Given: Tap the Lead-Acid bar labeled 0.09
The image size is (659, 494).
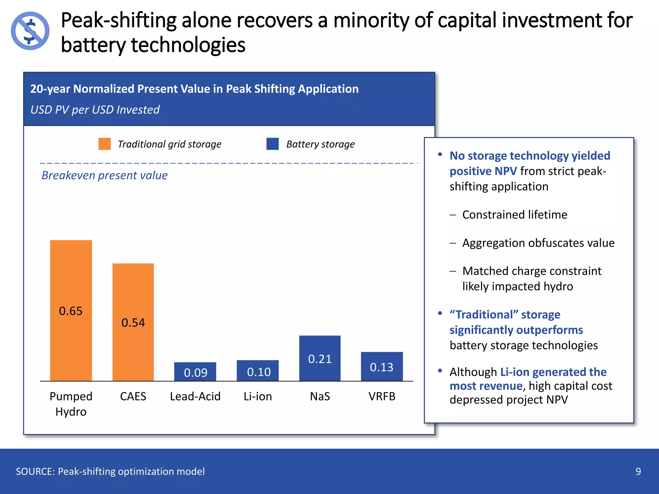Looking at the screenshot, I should pyautogui.click(x=195, y=372).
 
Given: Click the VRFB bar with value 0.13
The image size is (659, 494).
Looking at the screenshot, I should pyautogui.click(x=382, y=367).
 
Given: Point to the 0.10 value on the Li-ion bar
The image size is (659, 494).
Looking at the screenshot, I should pyautogui.click(x=259, y=372).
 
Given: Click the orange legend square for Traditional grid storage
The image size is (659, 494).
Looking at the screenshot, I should pyautogui.click(x=105, y=144).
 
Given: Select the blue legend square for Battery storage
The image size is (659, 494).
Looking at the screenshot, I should pyautogui.click(x=272, y=144).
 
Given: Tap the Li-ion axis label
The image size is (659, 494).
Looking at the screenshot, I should pyautogui.click(x=257, y=396).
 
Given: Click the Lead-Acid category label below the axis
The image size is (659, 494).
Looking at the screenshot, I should pyautogui.click(x=195, y=396).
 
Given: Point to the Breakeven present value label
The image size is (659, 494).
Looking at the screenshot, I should pyautogui.click(x=105, y=175).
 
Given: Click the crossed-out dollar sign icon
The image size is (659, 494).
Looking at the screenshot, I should pyautogui.click(x=30, y=31).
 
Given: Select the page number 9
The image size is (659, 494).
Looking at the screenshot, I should pyautogui.click(x=638, y=471).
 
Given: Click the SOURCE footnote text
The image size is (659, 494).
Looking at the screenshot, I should pyautogui.click(x=110, y=471).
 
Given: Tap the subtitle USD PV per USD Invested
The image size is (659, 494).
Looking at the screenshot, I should pyautogui.click(x=95, y=110).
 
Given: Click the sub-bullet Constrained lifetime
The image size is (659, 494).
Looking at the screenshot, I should pyautogui.click(x=515, y=215).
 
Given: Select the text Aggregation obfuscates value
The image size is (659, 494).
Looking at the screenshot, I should pyautogui.click(x=538, y=243).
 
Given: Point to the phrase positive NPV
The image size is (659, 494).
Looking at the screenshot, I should pyautogui.click(x=483, y=171).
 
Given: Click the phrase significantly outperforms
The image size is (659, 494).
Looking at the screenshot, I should pyautogui.click(x=516, y=330).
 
